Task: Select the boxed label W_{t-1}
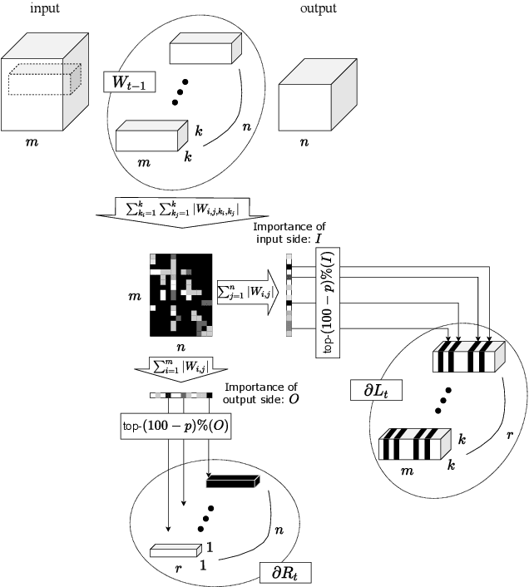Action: click(x=129, y=82)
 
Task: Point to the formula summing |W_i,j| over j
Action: click(x=242, y=292)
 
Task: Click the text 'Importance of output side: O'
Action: click(x=258, y=393)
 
